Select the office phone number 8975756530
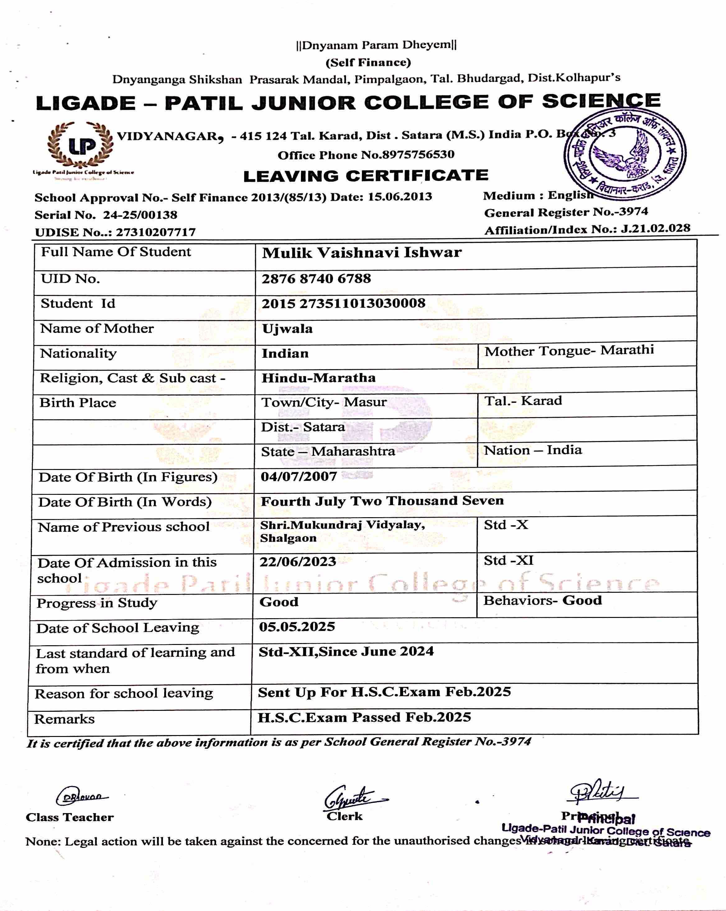coord(418,155)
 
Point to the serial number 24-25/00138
coord(140,215)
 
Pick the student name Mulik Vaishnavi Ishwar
coord(362,253)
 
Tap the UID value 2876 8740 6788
coord(316,279)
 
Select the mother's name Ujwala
coord(287,329)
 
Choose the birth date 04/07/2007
coord(299,476)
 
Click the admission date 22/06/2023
coord(298,562)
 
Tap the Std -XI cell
coord(508,561)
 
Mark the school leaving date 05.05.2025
coord(297,627)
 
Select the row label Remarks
coord(64,719)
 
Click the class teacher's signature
coord(81,797)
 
